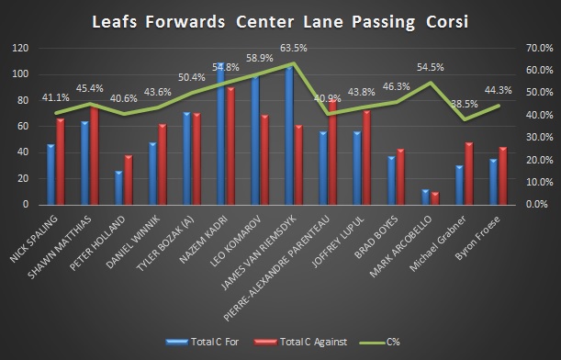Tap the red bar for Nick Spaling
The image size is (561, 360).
tap(61, 162)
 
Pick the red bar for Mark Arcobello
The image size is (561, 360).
tap(434, 197)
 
